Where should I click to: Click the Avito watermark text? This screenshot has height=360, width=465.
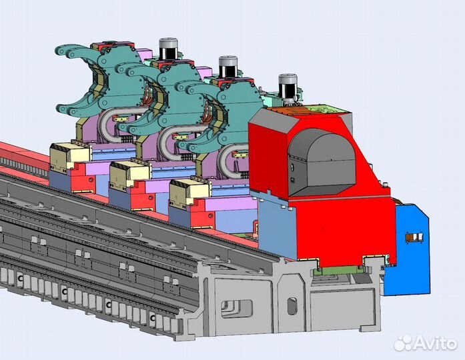[x=435, y=343]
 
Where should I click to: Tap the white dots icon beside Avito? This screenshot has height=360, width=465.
[x=403, y=343]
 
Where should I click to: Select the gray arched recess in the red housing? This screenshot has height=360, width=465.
[x=322, y=162]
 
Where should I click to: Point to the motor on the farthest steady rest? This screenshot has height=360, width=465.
[x=168, y=48]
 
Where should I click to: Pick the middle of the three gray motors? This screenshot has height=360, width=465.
[x=228, y=66]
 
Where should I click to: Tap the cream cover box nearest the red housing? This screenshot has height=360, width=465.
[x=189, y=192]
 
